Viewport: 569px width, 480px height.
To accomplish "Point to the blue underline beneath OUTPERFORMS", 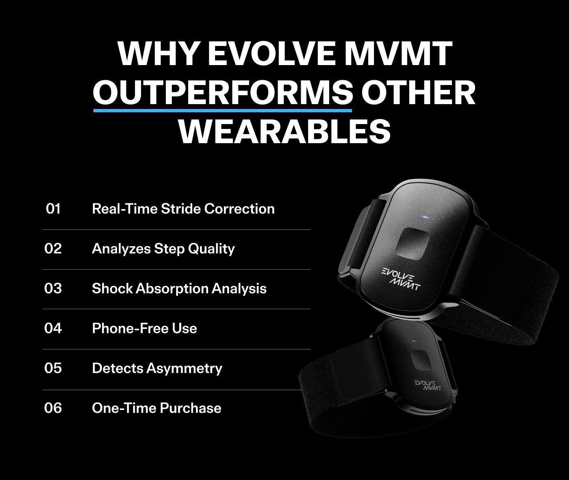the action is coord(223,111).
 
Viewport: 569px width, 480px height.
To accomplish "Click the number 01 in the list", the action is coord(53,209).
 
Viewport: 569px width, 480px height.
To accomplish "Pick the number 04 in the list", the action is coord(53,328).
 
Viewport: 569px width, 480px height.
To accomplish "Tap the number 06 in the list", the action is coord(53,408).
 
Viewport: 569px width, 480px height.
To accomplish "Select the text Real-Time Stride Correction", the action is coord(183,209).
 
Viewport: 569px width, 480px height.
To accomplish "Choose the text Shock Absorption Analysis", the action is coord(179,289).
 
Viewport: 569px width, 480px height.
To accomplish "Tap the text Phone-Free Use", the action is coord(144,328).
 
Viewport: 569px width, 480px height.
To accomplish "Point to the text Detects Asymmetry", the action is coord(157,369).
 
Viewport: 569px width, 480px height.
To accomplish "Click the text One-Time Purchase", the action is coord(157,408).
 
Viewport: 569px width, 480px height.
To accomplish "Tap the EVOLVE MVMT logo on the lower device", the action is coord(428,385).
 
